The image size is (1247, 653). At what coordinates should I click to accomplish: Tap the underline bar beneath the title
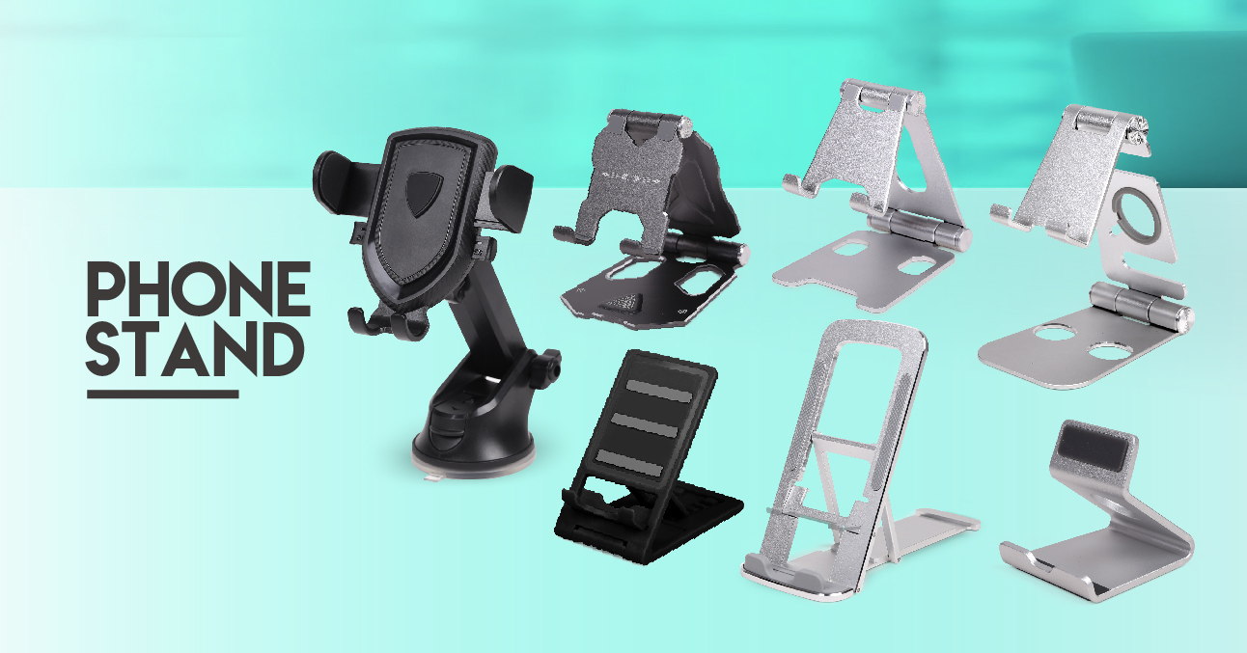162,394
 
